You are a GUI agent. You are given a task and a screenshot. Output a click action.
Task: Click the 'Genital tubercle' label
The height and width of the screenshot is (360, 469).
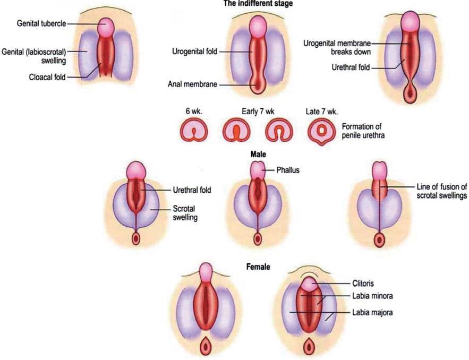[x=41, y=23]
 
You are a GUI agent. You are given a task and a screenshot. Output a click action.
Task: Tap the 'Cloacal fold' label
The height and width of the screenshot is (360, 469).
[x=47, y=77]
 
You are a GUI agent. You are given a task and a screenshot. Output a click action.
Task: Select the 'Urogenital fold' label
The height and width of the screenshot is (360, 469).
[x=195, y=52]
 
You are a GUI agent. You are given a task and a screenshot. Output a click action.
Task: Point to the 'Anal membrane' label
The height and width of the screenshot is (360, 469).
[x=192, y=84]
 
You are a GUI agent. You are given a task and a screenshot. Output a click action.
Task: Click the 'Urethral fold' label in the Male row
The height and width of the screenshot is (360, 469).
[x=192, y=190]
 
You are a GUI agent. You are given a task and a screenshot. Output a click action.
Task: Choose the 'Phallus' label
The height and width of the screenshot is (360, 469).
[x=288, y=170]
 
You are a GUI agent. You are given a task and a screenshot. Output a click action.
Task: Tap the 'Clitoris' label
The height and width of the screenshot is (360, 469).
[x=363, y=283]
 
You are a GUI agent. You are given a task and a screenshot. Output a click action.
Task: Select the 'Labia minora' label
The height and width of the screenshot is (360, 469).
[x=372, y=296]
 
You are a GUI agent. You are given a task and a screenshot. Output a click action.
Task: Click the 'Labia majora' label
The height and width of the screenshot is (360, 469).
[x=372, y=313]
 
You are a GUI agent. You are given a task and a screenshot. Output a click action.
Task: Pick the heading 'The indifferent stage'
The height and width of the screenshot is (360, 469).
[x=258, y=4]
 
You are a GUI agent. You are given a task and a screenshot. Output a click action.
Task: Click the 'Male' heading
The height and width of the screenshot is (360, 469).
[x=258, y=155]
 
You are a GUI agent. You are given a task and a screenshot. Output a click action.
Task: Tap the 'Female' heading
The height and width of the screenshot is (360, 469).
[x=258, y=267]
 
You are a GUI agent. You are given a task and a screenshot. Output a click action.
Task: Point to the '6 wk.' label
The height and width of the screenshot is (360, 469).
[x=194, y=112]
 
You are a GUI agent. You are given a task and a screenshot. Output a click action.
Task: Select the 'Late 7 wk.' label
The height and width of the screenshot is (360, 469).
[x=322, y=112]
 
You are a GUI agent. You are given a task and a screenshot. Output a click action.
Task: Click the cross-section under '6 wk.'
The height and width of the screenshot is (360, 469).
[x=194, y=131]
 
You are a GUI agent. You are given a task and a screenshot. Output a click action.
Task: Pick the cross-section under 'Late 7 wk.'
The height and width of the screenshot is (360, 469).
[x=322, y=132]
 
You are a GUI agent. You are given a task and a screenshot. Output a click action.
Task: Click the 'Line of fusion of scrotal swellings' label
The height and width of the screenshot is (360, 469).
[x=442, y=191]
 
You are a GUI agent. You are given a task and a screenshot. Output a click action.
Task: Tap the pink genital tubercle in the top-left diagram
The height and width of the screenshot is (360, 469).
[x=106, y=26]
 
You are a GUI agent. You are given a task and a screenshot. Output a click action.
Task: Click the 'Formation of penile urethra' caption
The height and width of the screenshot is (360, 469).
[x=363, y=131]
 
